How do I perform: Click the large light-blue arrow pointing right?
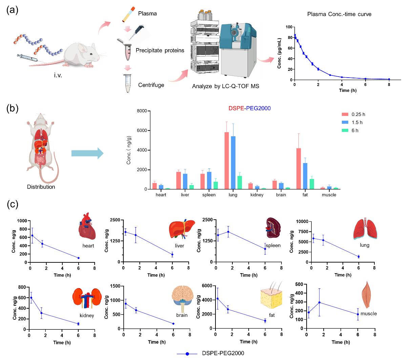87,153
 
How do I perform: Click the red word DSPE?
236,108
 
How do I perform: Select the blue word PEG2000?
258,108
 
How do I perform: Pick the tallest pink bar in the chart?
227,160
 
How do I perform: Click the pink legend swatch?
345,114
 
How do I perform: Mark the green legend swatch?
345,131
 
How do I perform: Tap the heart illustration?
87,226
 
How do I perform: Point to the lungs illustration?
365,229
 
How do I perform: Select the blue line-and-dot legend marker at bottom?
187,354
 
